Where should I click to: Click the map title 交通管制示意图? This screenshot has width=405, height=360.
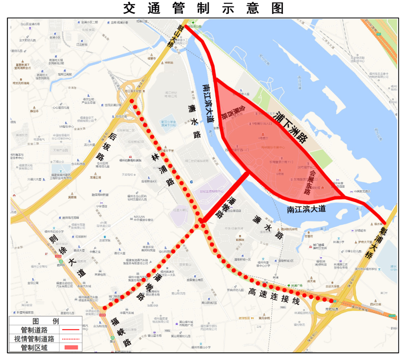click(204, 8)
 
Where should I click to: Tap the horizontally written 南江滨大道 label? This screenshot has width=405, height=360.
click(306, 209)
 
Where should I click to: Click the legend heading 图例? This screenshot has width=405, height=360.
click(45, 321)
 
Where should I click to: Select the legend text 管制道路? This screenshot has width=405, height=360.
click(34, 330)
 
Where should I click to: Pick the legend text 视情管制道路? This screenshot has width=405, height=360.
click(34, 339)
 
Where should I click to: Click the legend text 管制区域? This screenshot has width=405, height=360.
click(34, 347)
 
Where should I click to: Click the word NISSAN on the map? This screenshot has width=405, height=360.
click(139, 217)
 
